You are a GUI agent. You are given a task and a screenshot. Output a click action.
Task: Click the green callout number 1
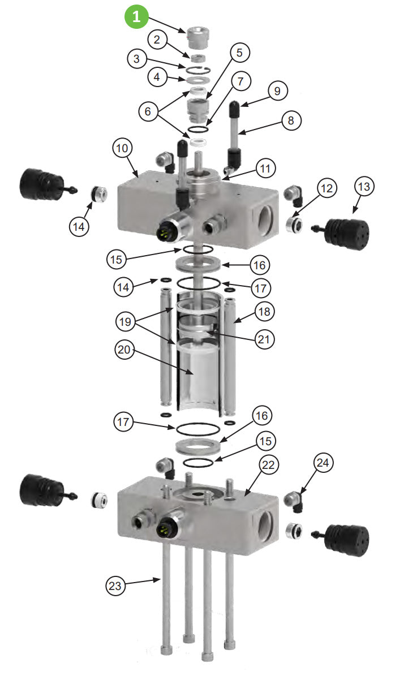pos(136,16)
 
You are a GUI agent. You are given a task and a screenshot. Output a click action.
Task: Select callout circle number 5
pos(239,53)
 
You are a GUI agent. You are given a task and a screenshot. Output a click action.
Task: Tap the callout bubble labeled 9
pos(278,91)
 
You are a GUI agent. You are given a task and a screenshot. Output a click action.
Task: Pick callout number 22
pos(269,464)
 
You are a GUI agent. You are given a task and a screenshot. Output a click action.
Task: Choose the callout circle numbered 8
pos(291,120)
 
